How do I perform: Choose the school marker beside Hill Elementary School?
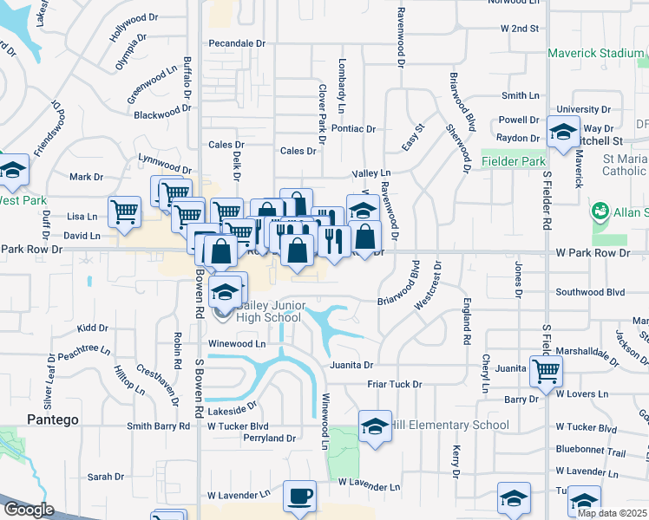(375, 426)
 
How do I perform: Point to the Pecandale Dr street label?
(236, 42)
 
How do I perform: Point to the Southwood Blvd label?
(590, 292)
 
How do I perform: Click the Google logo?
(29, 509)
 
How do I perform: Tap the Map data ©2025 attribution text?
(612, 513)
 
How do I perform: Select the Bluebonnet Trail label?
(590, 452)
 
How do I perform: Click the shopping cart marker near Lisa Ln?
(124, 211)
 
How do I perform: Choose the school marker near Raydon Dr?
(562, 133)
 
